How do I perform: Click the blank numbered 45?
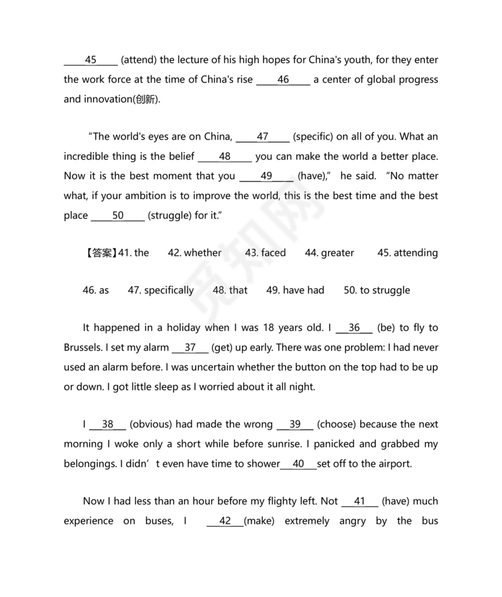(91, 60)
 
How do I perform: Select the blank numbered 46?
(283, 79)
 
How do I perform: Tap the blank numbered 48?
(225, 156)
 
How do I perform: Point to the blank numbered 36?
(354, 328)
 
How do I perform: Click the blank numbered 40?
(298, 463)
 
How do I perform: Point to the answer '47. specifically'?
(161, 290)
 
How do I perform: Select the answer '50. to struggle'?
(377, 290)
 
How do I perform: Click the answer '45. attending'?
(408, 252)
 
